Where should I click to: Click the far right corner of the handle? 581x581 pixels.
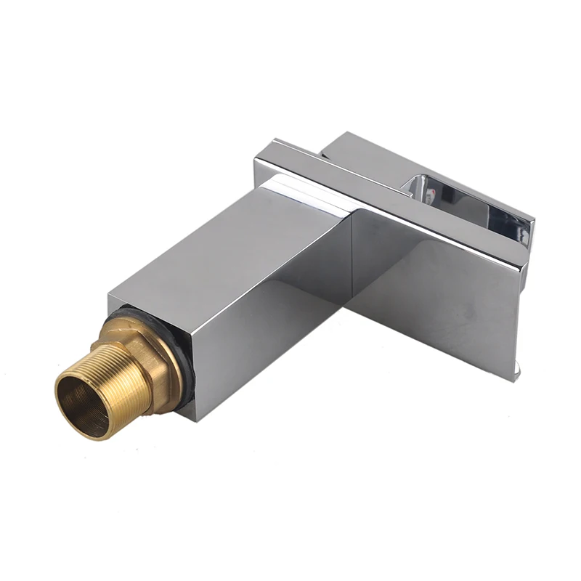point(534,218)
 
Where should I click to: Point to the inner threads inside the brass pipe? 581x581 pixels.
point(94,407)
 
